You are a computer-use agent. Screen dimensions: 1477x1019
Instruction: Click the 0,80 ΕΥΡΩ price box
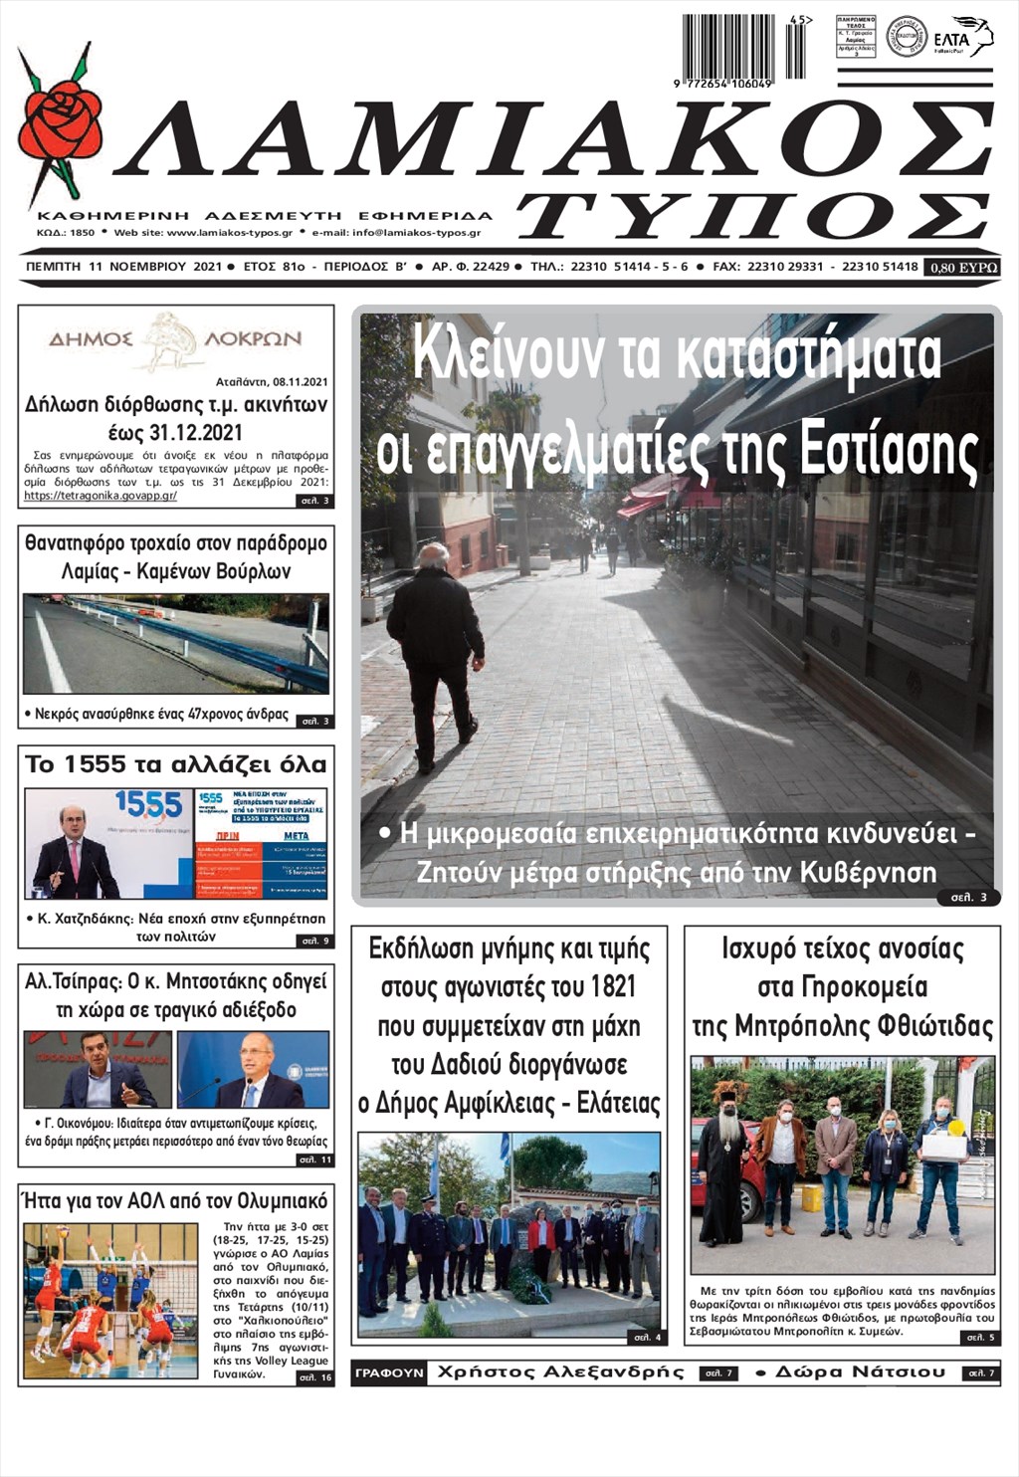[x=961, y=267]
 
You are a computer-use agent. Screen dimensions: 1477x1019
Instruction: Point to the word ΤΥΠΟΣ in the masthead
[x=755, y=214]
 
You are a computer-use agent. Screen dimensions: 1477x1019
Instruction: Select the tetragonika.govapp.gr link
[x=101, y=495]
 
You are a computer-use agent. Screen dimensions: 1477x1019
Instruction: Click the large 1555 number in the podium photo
[x=148, y=804]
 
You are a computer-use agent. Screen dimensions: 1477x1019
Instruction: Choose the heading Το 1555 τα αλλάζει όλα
[x=176, y=764]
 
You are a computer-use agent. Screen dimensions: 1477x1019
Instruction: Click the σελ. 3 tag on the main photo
[x=968, y=898]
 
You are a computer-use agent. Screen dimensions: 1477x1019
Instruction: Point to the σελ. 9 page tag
[x=314, y=941]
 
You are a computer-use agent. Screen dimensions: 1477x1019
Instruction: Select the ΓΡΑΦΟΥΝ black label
[x=389, y=1373]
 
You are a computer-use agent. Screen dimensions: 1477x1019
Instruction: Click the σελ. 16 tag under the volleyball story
[x=314, y=1377]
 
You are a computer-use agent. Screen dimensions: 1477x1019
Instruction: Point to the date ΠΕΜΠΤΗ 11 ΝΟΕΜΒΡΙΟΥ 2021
[x=123, y=267]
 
